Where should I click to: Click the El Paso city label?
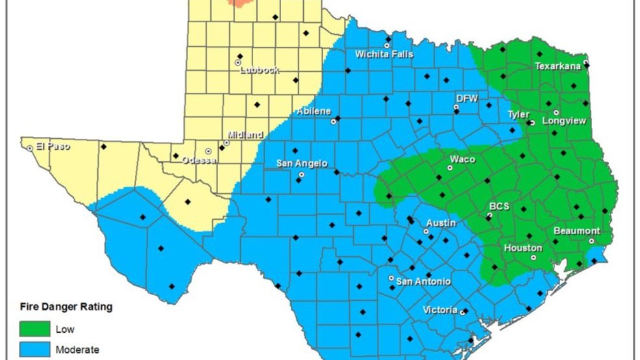point(53,147)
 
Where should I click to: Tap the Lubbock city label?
point(259,70)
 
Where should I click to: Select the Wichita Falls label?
point(384,54)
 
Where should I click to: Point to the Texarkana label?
point(557,66)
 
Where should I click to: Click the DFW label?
point(467,98)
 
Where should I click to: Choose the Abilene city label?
point(314,112)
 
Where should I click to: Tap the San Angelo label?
point(302,163)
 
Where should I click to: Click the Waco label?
point(462,160)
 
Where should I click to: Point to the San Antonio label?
point(423,282)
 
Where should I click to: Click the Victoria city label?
point(439,310)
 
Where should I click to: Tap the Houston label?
point(523,248)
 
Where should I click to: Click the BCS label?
point(499,206)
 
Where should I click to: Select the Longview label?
point(563,121)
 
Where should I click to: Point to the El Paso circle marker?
point(30,149)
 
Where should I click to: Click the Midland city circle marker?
point(227,143)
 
